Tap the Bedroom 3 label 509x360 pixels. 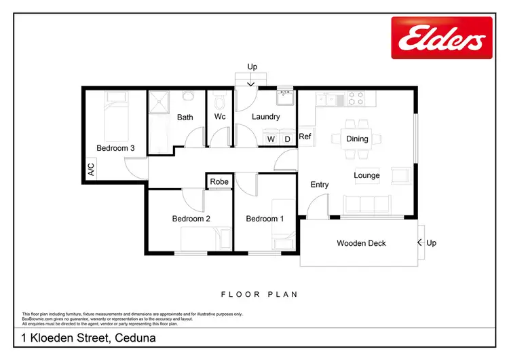[115, 148]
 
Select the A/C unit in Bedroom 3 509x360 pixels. [91, 170]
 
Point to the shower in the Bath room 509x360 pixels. [160, 103]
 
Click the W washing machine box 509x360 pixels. [271, 139]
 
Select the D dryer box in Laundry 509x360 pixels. [287, 139]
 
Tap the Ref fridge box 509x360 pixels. [305, 137]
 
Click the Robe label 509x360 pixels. [219, 182]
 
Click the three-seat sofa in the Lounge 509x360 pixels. [366, 204]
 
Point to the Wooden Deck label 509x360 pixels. [361, 243]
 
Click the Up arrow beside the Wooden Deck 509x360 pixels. [420, 242]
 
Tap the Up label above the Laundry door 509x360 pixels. [252, 67]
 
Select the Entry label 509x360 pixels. [320, 185]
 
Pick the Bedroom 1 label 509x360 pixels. [264, 219]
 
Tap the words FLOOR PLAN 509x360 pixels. [259, 295]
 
